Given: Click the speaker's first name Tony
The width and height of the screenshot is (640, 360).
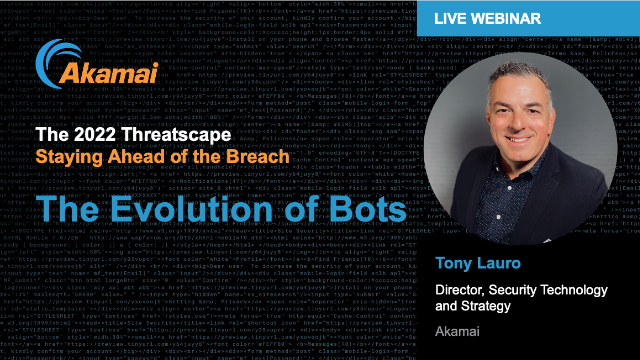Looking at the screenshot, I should point(455,264).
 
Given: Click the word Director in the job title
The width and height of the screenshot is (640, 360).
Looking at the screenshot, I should point(463,290).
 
